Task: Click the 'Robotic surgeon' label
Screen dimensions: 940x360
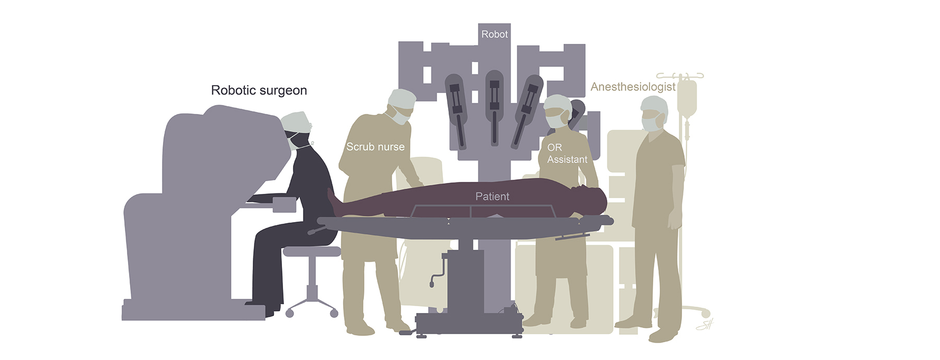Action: pos(259,90)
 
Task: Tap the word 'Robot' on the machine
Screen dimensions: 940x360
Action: pos(494,34)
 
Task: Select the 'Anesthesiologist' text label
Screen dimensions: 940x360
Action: pos(633,87)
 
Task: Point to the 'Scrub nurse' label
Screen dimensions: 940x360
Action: pos(375,147)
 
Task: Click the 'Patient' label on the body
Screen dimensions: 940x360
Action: pos(492,196)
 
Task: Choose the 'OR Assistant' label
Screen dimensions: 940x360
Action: pos(567,154)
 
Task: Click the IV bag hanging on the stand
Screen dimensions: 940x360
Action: pos(687,99)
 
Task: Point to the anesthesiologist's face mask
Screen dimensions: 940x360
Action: pos(650,124)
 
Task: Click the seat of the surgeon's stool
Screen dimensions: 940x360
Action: pos(311,252)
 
